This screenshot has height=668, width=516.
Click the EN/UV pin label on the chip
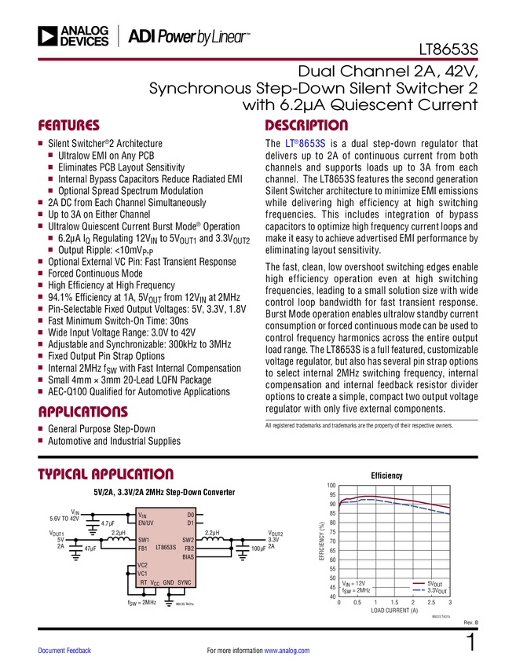click(147, 523)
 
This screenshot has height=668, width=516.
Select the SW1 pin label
click(144, 540)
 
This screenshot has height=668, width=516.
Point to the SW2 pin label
click(188, 540)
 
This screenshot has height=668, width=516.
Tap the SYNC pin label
click(185, 582)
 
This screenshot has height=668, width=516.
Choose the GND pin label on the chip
click(168, 582)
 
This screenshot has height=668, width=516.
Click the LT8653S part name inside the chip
click(166, 548)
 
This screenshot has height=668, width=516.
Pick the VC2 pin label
click(143, 565)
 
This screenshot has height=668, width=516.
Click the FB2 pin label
click(188, 548)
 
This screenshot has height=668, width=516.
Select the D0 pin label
click(190, 514)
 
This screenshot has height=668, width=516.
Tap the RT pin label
click(143, 582)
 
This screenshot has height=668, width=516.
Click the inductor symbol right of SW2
click(213, 540)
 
